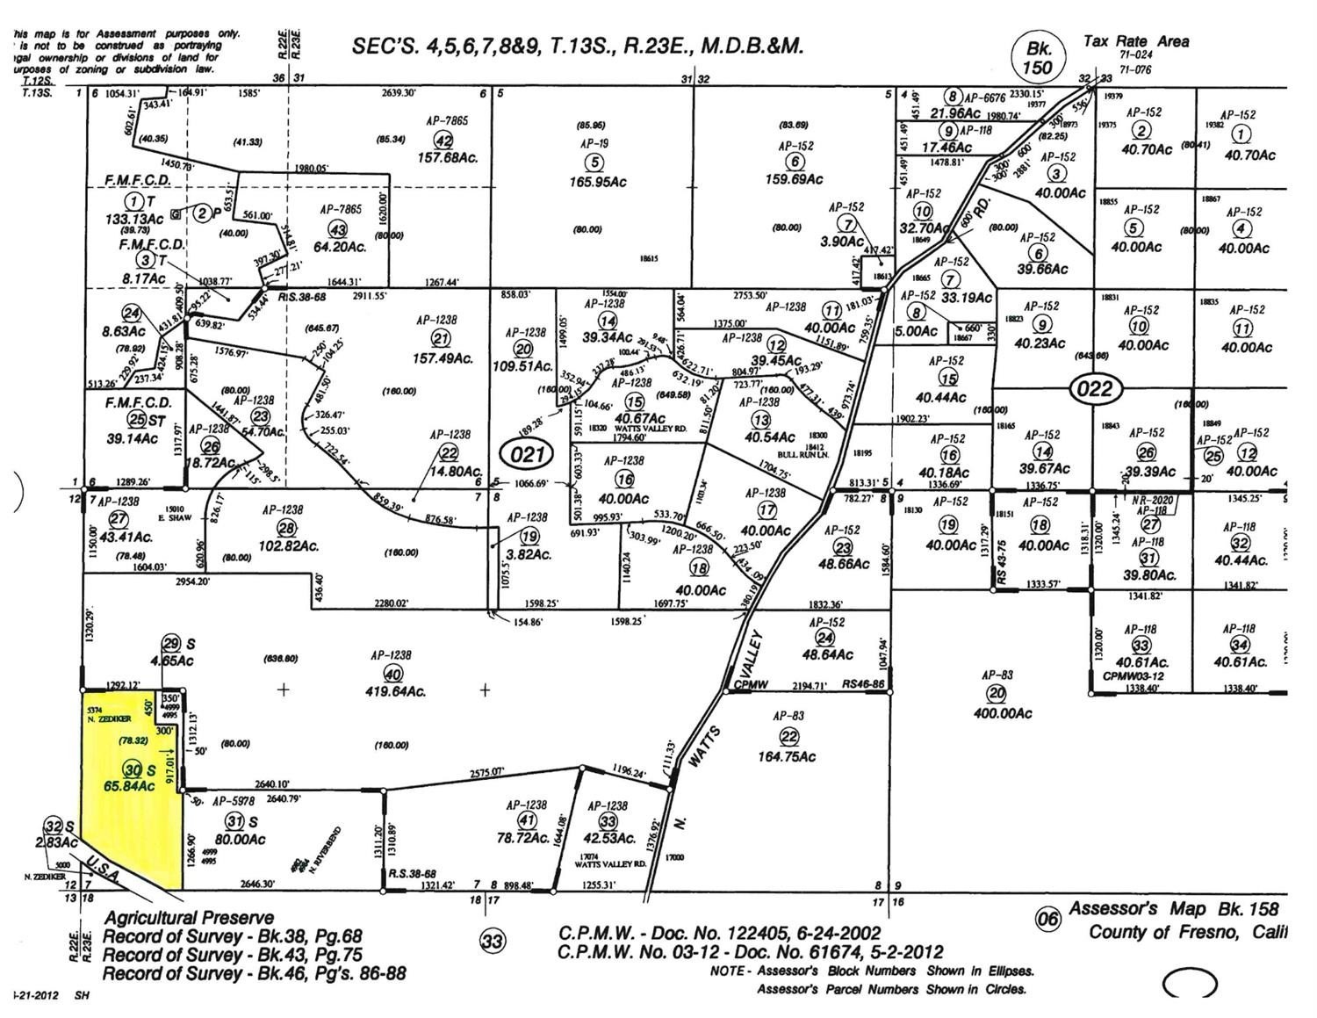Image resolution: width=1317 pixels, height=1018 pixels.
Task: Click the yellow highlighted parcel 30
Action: coord(132,791)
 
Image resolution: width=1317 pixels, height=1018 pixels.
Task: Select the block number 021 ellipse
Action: coord(528,454)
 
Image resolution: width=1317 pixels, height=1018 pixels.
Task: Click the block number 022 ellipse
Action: coord(1094,388)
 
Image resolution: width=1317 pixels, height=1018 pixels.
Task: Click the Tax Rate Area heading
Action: coord(1136,41)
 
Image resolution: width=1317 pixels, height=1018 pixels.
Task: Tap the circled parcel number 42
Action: coord(443,141)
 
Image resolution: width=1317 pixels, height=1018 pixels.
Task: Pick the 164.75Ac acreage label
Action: coord(788,756)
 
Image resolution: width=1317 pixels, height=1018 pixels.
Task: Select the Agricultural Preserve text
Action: coord(189,918)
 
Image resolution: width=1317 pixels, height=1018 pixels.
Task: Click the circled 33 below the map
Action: coord(493,942)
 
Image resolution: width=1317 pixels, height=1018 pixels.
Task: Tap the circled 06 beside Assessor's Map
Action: coord(1047,920)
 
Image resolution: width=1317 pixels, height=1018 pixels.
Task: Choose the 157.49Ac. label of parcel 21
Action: coord(443,358)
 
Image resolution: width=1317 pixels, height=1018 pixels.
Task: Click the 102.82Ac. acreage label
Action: coord(289,545)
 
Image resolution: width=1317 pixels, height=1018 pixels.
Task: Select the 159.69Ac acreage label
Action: coord(795,179)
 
